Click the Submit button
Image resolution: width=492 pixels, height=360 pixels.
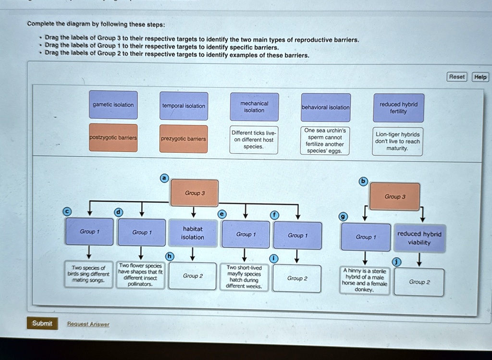(42, 323)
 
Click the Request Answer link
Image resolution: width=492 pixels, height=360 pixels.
(88, 324)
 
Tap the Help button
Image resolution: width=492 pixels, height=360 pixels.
(480, 77)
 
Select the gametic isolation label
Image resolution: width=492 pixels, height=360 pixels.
(113, 105)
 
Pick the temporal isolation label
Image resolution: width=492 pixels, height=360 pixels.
(184, 106)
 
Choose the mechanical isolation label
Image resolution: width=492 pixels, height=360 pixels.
(254, 107)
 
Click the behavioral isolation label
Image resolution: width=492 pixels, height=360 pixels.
(325, 107)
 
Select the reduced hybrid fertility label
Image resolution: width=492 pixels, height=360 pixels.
(398, 108)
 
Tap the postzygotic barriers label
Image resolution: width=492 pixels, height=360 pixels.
(113, 138)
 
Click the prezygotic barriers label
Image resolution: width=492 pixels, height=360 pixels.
(184, 139)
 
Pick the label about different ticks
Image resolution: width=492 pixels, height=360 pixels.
(254, 140)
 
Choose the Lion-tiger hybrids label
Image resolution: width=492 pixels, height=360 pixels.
(398, 141)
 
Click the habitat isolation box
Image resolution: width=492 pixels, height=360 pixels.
(192, 233)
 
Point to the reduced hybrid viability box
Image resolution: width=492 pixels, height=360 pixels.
(419, 238)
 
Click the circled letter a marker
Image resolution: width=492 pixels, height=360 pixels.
(164, 178)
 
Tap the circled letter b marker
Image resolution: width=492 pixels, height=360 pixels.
(363, 181)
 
